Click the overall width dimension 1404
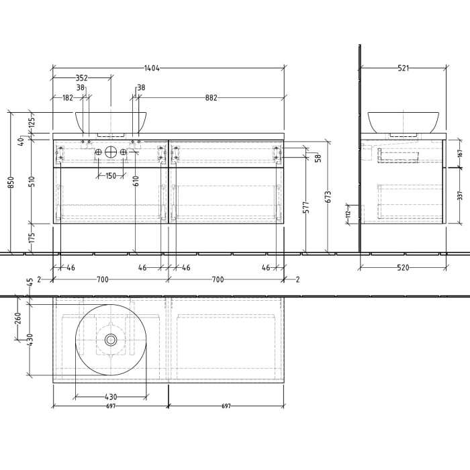pos(151,68)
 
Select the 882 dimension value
pos(211,97)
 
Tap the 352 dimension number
pos(81,78)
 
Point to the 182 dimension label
pos(68,97)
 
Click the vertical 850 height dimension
pos(11,183)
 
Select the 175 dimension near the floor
pos(32,238)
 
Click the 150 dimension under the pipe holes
pos(110,176)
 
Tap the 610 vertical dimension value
pos(136,180)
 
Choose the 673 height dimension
pos(328,196)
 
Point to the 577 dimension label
pos(305,207)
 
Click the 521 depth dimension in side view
pos(404,68)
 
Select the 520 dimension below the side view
pos(403,267)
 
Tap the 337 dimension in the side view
pos(460,195)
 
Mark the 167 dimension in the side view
pos(460,153)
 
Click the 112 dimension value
pos(348,214)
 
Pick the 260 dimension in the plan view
pos(18,316)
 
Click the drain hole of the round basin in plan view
pos(111,340)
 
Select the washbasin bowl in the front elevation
pos(111,122)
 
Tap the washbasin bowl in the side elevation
pos(403,122)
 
